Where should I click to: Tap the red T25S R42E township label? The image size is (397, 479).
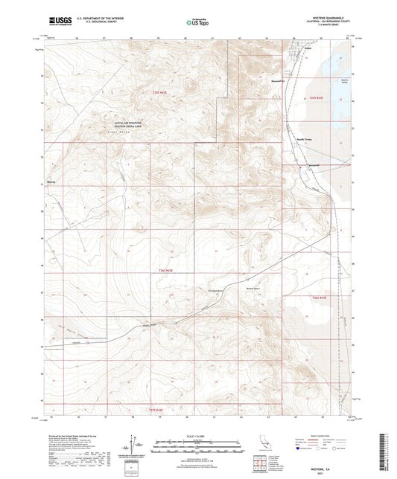tap(150, 91)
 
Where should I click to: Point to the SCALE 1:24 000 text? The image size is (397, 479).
tap(197, 436)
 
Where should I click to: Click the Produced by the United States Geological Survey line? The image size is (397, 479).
tap(74, 435)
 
